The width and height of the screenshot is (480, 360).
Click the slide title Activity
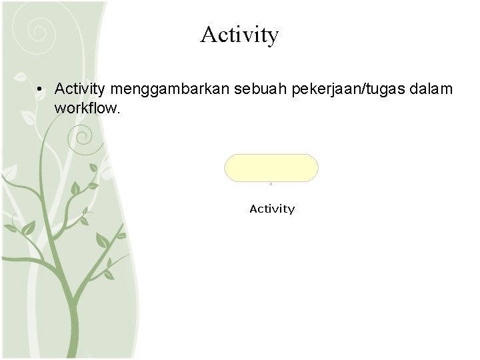[239, 35]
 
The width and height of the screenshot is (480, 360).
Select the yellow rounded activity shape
[271, 167]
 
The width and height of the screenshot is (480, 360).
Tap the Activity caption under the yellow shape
[272, 209]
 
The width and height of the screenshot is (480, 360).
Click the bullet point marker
[41, 89]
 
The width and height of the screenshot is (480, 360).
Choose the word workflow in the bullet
[86, 107]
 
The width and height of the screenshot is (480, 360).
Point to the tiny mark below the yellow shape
[271, 183]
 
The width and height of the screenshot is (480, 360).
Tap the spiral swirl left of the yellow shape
[84, 139]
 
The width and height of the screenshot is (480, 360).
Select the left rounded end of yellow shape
[231, 167]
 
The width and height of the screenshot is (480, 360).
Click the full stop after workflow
[119, 111]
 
